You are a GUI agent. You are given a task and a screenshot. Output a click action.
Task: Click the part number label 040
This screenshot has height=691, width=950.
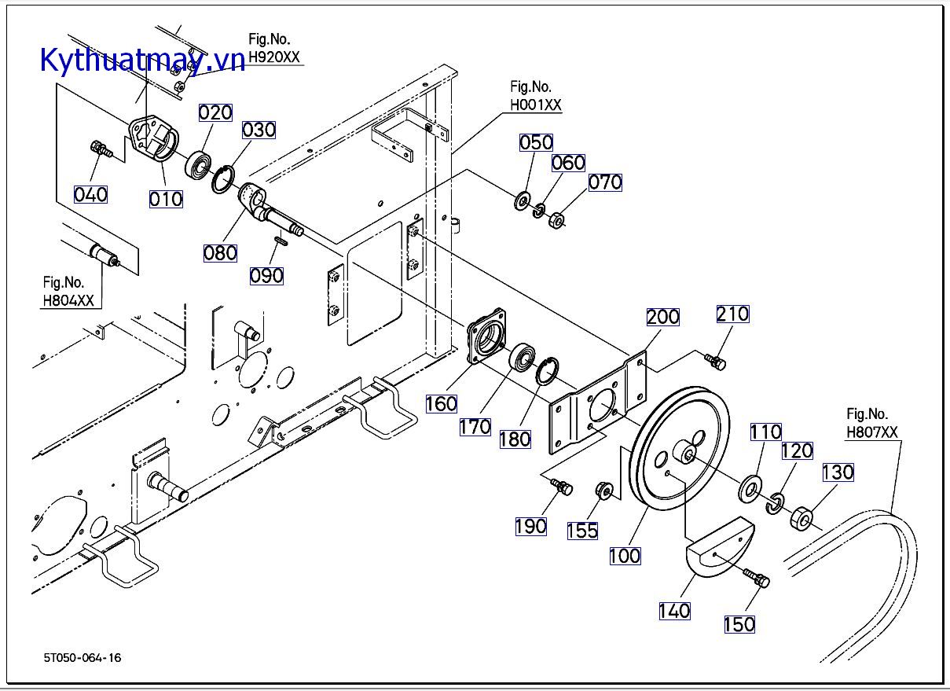click(x=90, y=193)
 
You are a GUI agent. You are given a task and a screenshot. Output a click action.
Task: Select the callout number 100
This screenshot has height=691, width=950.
click(x=625, y=556)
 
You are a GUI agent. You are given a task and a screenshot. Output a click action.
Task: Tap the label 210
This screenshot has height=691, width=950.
click(x=732, y=314)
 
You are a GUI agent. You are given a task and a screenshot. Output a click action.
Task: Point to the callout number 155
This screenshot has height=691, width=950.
click(x=582, y=531)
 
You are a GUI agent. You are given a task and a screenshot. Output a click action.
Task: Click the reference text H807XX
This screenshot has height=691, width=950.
click(x=871, y=432)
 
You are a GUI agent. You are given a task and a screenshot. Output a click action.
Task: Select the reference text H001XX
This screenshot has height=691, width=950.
click(x=536, y=105)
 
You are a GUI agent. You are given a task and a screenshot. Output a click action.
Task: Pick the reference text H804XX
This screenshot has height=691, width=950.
click(x=68, y=300)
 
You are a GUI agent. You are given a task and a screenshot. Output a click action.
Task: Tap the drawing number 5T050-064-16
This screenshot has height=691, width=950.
click(x=83, y=657)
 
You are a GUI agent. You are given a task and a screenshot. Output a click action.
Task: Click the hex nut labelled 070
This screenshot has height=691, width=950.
click(x=556, y=220)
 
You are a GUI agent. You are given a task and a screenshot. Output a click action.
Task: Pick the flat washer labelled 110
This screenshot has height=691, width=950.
click(x=750, y=488)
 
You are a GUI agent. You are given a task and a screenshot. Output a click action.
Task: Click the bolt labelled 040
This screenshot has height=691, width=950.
click(x=100, y=147)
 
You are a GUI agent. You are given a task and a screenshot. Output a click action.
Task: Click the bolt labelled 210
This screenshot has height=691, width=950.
click(x=714, y=360)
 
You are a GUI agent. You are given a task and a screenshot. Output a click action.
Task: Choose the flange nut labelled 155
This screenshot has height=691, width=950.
click(x=604, y=490)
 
